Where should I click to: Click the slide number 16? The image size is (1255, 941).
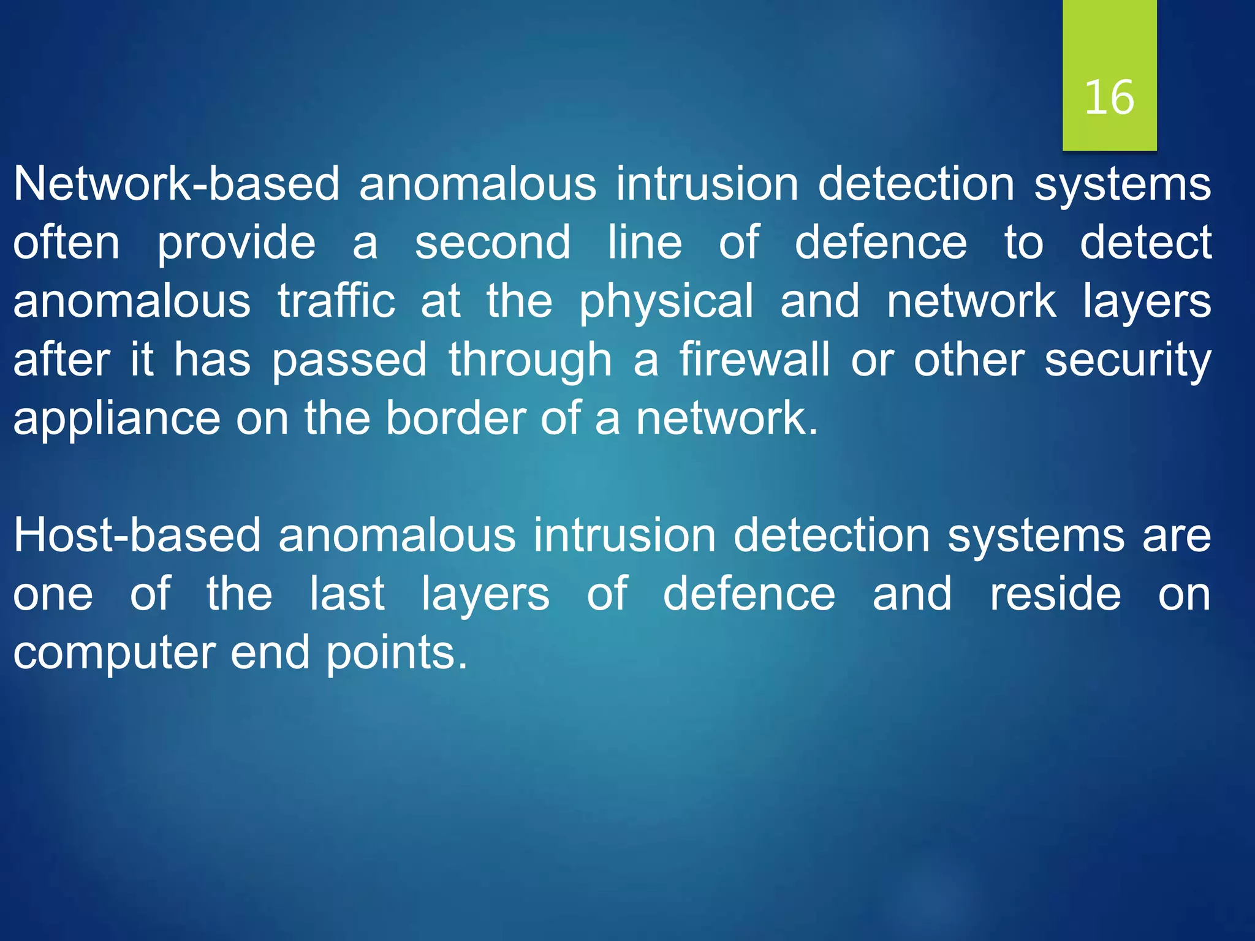pyautogui.click(x=1109, y=98)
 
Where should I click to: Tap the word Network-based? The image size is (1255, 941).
pyautogui.click(x=176, y=184)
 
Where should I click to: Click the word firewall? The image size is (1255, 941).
pyautogui.click(x=754, y=360)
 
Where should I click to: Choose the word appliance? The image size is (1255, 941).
pyautogui.click(x=116, y=420)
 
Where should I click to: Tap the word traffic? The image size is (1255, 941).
pyautogui.click(x=336, y=301)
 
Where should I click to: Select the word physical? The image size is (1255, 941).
pyautogui.click(x=666, y=303)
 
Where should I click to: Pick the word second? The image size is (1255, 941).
pyautogui.click(x=493, y=243)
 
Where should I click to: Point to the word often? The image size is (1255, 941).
pyautogui.click(x=66, y=243)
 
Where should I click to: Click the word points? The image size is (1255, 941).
pyautogui.click(x=396, y=654)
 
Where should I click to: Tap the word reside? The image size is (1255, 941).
pyautogui.click(x=1055, y=594)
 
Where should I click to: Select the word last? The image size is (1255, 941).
pyautogui.click(x=347, y=594)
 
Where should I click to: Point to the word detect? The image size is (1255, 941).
pyautogui.click(x=1145, y=243)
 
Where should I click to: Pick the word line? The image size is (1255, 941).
pyautogui.click(x=645, y=243)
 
